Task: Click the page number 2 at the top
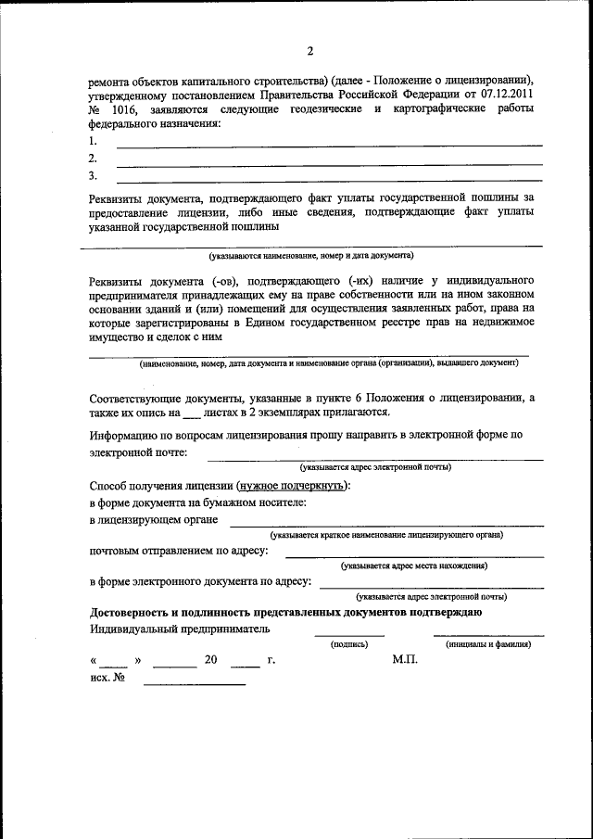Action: tap(310, 51)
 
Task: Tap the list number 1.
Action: tap(93, 142)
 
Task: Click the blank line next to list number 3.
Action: tap(329, 179)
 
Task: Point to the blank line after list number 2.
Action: tap(329, 163)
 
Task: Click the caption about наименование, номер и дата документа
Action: tap(310, 254)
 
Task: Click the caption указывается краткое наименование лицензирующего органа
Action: tap(387, 536)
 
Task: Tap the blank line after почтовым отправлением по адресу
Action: tap(413, 556)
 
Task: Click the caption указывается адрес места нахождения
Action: tap(413, 566)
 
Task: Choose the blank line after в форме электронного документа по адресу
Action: tap(430, 588)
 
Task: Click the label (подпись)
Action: tap(348, 643)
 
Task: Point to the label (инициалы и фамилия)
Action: tap(487, 643)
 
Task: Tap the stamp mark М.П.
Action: tap(406, 660)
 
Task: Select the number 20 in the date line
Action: tap(210, 661)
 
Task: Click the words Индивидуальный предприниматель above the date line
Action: tap(180, 629)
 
